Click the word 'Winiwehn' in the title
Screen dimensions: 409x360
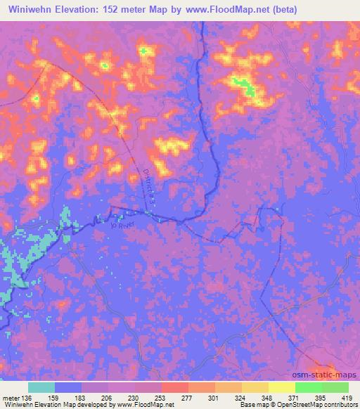(36, 10)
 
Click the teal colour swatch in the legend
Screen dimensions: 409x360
(41, 387)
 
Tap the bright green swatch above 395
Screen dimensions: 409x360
(308, 387)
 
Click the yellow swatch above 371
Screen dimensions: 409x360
(281, 387)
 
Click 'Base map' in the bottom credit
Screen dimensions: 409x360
(251, 405)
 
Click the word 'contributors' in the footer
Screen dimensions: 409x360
(338, 405)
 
